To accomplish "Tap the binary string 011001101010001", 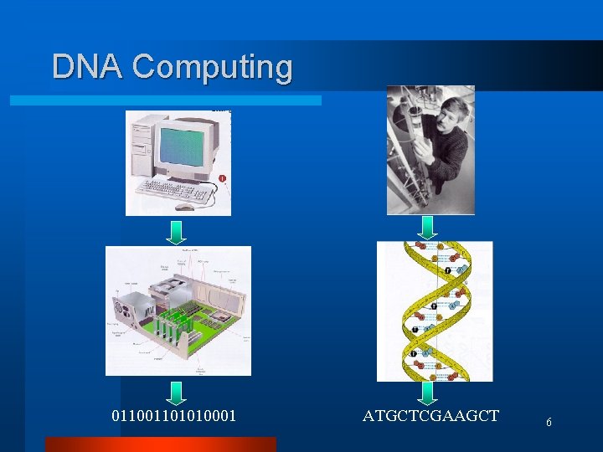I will [174, 416].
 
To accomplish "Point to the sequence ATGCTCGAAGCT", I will [430, 416].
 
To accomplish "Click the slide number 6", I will [549, 423].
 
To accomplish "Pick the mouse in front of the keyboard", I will [183, 207].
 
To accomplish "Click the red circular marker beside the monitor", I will [221, 178].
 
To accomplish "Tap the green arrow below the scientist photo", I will [427, 227].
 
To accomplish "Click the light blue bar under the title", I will [165, 100].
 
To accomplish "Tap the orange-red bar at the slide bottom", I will [160, 444].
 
